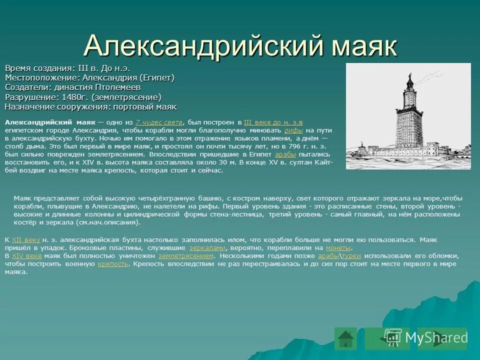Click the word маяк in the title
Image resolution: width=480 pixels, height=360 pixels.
[x=364, y=46]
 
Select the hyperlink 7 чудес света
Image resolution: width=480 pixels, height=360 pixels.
[x=159, y=122]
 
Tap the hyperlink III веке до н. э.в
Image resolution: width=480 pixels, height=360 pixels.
[x=273, y=122]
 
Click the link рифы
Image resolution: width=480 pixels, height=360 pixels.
[x=293, y=130]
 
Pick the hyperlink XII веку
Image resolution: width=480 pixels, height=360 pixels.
[x=25, y=239]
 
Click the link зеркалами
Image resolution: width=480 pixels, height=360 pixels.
[x=207, y=247]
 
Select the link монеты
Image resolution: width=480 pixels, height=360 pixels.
[x=338, y=247]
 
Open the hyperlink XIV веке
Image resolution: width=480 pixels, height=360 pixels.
[x=26, y=255]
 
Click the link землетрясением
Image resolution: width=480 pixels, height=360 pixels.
[x=186, y=255]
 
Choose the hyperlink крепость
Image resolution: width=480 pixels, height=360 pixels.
[x=113, y=263]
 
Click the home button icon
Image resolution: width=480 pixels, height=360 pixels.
[x=345, y=338]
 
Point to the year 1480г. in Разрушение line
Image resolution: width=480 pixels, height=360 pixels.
[x=75, y=97]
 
